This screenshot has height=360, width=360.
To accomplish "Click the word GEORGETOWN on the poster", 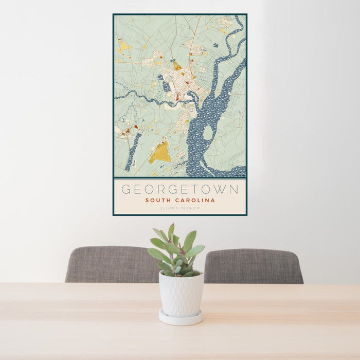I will coord(180,189).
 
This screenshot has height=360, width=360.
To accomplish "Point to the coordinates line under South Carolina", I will coord(179,209).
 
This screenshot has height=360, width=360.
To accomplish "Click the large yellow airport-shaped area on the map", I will coord(160,153).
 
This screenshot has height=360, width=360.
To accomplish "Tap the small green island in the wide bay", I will coord(208,133).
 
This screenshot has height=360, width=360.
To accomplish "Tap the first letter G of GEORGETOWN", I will coord(125,189).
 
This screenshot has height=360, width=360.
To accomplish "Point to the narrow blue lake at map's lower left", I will coord(133,152).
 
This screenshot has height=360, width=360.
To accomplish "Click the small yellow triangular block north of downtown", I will coord(177,66).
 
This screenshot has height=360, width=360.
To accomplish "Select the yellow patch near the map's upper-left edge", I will coord(124,46).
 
